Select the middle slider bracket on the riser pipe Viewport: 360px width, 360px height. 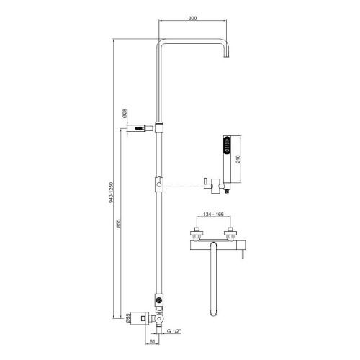[x=159, y=184]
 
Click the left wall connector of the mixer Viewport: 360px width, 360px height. [x=196, y=233]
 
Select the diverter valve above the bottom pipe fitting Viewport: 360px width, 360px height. [x=159, y=299]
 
